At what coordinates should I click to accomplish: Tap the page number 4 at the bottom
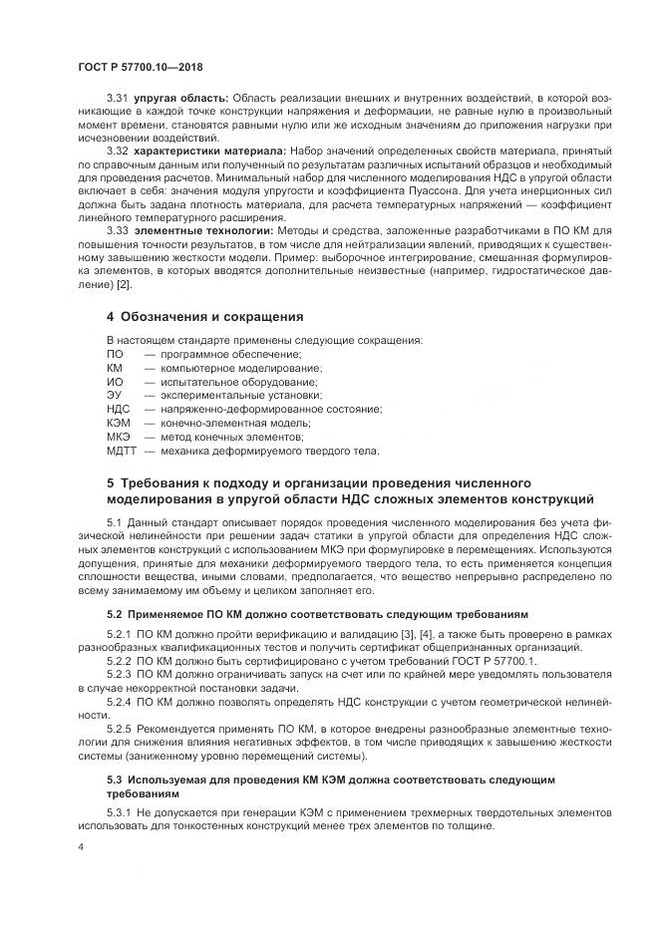(x=80, y=846)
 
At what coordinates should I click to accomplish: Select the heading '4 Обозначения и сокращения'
(x=204, y=317)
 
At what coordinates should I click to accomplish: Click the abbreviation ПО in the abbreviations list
(x=115, y=354)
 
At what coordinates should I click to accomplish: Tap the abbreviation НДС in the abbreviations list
(x=118, y=409)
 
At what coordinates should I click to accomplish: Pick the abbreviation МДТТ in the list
(x=122, y=451)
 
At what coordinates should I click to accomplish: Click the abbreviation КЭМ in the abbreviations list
(x=118, y=423)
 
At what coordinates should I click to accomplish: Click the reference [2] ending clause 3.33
(x=124, y=285)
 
